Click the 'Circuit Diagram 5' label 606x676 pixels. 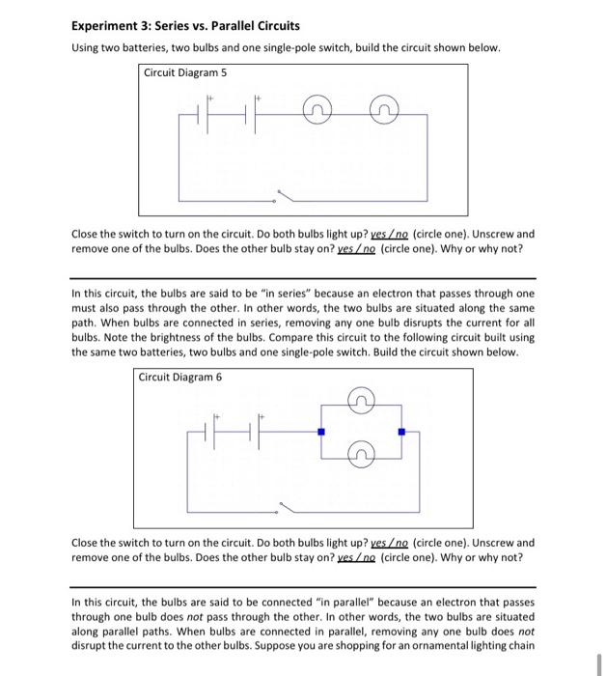185,72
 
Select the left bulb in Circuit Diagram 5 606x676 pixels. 316,115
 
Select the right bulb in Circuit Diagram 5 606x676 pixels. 383,115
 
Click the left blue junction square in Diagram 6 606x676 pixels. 322,431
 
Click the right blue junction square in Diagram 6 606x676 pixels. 402,431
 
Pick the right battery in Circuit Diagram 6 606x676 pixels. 257,430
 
